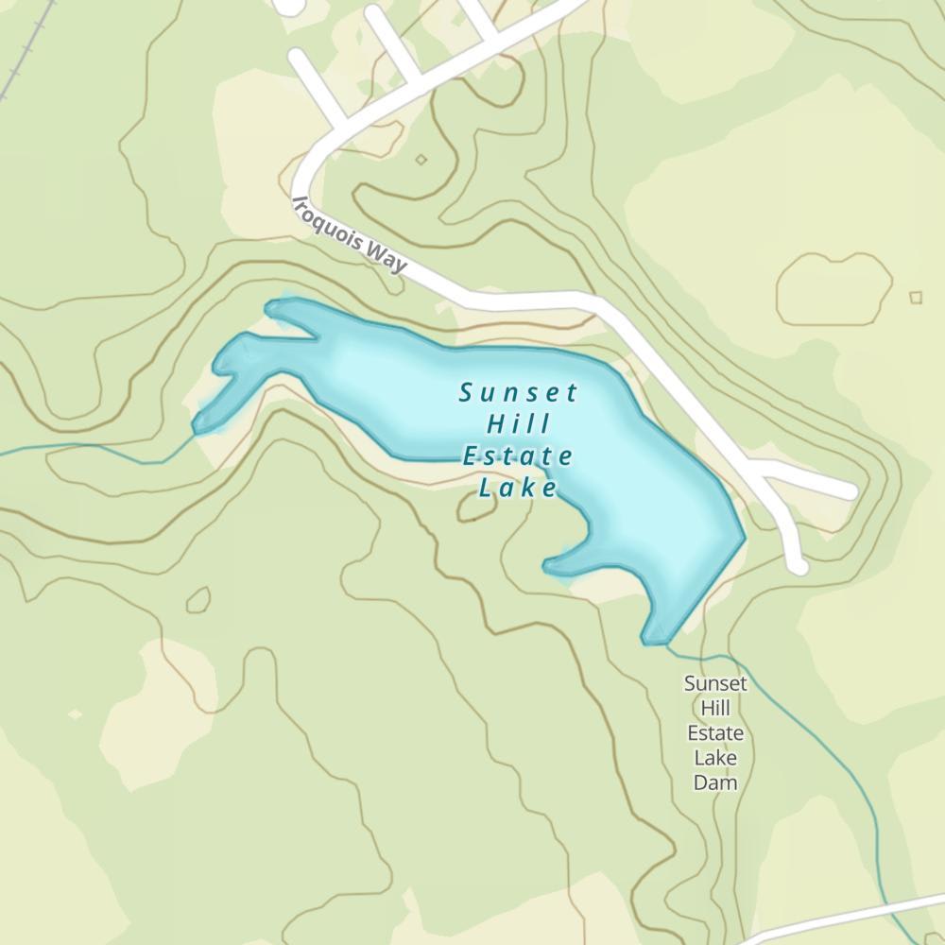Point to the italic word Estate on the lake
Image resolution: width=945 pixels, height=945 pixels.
pos(518,456)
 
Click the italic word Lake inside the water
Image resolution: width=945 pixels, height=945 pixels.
pos(518,489)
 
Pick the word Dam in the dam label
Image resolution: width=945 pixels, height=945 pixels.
pos(715,782)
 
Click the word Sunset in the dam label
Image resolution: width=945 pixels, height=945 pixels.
pos(715,683)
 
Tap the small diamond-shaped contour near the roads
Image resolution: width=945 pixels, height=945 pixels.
pos(421,160)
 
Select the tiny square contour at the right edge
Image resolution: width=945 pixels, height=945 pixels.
pos(915,298)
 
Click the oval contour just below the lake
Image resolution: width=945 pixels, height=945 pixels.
pos(476,507)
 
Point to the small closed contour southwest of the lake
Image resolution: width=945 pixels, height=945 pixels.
pos(198,599)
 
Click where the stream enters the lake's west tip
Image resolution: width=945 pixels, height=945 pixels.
pos(195,431)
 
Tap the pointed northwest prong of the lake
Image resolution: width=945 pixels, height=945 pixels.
pos(271,306)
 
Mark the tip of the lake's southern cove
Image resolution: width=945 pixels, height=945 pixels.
pos(548,566)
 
